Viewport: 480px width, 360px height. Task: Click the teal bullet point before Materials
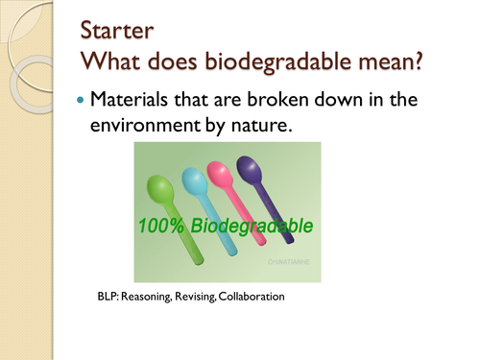tap(80, 100)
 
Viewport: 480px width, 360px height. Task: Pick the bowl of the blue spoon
tap(193, 178)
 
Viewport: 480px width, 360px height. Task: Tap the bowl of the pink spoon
tap(222, 172)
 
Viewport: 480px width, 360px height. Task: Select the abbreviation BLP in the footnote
tap(108, 298)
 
